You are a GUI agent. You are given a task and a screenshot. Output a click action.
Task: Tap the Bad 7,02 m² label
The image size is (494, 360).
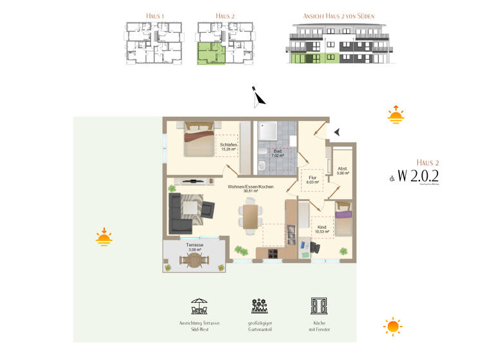coord(278,153)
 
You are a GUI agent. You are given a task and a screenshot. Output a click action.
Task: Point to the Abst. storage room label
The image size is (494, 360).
coord(342,170)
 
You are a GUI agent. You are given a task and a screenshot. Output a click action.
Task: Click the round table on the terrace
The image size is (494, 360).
coord(195,260)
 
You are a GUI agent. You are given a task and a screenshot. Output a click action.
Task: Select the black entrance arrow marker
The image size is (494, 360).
coord(337,132)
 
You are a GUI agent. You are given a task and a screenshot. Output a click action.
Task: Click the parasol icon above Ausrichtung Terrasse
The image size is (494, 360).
coord(199,305)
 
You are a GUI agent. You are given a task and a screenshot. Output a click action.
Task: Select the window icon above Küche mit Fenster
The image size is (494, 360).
coord(319,305)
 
